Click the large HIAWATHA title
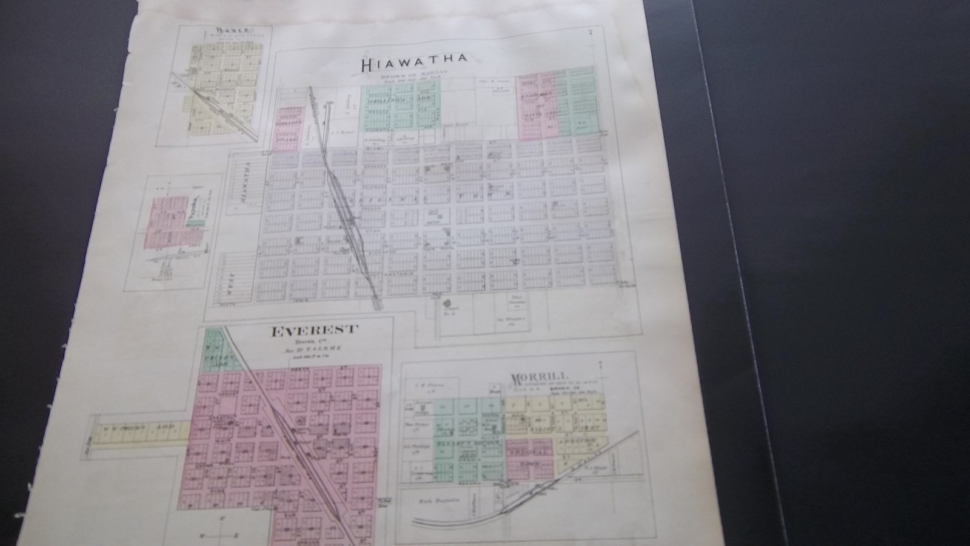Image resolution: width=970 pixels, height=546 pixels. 414,61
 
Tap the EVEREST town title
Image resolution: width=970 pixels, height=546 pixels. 314,330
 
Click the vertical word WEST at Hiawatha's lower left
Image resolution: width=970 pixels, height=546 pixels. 230,285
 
